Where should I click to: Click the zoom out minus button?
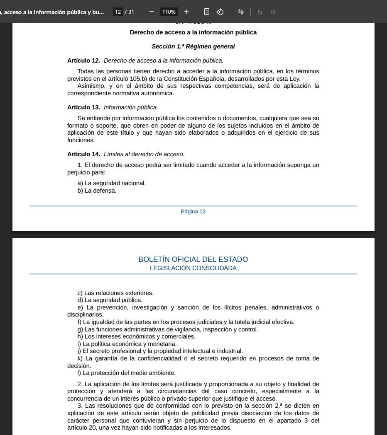tap(151, 12)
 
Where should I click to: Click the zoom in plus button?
tap(186, 12)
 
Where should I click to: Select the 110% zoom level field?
tap(169, 12)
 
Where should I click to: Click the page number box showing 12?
tap(118, 12)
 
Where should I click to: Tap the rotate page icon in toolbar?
tap(220, 12)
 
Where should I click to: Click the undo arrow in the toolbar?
tap(260, 12)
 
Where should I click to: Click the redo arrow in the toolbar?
tap(273, 12)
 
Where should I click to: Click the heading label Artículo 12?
tap(83, 60)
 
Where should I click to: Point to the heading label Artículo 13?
tap(83, 107)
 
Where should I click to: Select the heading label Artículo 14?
tap(83, 154)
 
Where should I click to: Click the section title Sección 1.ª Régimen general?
tap(193, 46)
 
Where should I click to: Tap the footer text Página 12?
tap(193, 212)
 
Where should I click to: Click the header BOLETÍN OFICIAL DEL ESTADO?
tap(193, 259)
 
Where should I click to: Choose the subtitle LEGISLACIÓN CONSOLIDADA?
tap(193, 268)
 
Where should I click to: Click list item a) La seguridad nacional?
tap(112, 183)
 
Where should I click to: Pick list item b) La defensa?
tap(97, 191)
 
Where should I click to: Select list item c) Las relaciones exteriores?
tap(115, 293)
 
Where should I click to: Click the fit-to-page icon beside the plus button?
tap(207, 12)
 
